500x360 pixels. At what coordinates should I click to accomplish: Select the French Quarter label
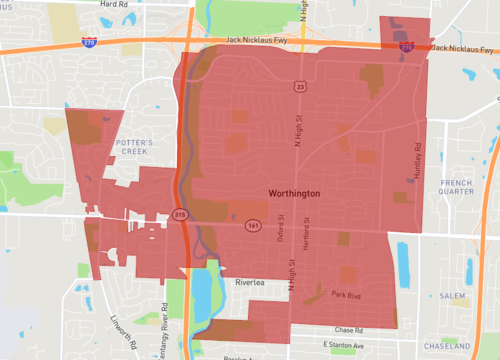coord(456,186)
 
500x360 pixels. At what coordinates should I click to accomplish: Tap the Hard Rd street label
coord(113,4)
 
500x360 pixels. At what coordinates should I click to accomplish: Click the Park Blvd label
coord(345,296)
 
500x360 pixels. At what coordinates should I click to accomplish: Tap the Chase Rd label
coord(349,330)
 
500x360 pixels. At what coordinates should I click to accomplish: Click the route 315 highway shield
coord(180,214)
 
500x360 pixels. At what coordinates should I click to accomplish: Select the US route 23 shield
coord(299,88)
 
